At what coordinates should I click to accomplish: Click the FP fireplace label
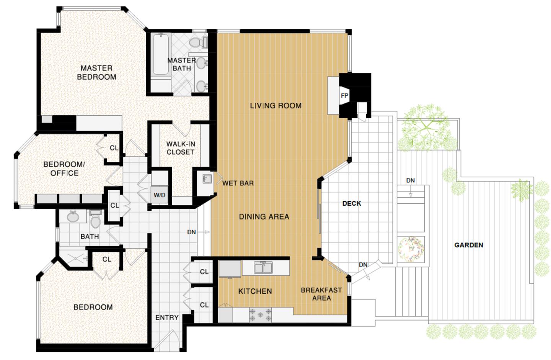tap(344, 96)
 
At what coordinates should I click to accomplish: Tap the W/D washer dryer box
tap(160, 195)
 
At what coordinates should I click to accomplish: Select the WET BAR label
tap(238, 183)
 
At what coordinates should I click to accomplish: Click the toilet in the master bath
tap(196, 42)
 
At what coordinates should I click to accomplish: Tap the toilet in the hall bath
tap(96, 220)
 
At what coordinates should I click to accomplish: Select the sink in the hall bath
tap(72, 217)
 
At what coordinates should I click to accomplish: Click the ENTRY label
tap(167, 317)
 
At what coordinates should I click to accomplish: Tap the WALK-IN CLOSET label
tap(180, 148)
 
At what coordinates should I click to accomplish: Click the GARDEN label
tap(469, 245)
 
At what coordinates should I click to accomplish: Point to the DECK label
tap(352, 203)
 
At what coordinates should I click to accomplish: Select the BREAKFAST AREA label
tap(321, 294)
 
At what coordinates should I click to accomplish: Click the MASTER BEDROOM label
tap(96, 72)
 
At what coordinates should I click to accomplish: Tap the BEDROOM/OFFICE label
tap(64, 169)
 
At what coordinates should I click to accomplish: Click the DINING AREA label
tap(264, 217)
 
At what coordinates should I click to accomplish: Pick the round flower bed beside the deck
tap(411, 249)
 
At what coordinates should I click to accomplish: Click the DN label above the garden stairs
tap(411, 180)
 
